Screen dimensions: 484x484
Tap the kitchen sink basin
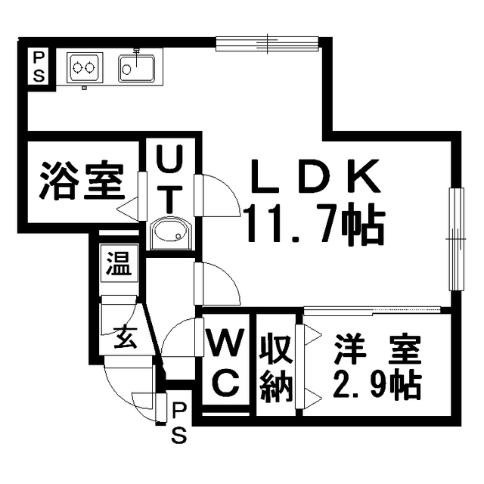[136, 69]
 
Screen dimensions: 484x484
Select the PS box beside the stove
[39, 67]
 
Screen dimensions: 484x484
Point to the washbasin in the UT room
[170, 233]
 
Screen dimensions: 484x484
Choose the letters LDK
[315, 176]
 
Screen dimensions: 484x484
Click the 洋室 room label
[379, 349]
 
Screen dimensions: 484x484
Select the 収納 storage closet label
[276, 368]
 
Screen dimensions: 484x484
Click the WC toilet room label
[227, 363]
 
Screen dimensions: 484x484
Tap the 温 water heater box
[119, 263]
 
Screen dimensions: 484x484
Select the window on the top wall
[267, 44]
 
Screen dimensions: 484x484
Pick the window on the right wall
[456, 239]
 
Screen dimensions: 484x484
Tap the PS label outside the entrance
[179, 423]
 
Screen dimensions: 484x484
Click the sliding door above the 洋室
[372, 311]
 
